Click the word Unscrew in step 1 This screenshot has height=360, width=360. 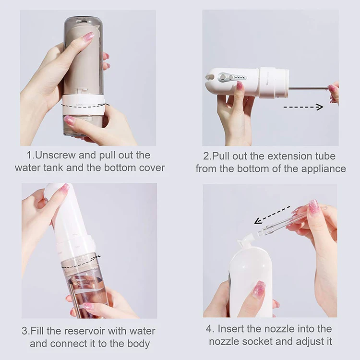[x=55, y=156]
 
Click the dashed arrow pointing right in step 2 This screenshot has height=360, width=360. [x=303, y=107]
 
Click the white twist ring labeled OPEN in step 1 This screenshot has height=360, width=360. [x=84, y=106]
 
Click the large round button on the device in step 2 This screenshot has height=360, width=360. [x=222, y=77]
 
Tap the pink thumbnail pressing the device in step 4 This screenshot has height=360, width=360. [x=259, y=289]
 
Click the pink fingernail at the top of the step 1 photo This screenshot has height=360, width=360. [x=87, y=37]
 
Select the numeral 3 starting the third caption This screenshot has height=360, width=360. [x=24, y=331]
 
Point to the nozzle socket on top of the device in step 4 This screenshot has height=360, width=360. [x=245, y=240]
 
